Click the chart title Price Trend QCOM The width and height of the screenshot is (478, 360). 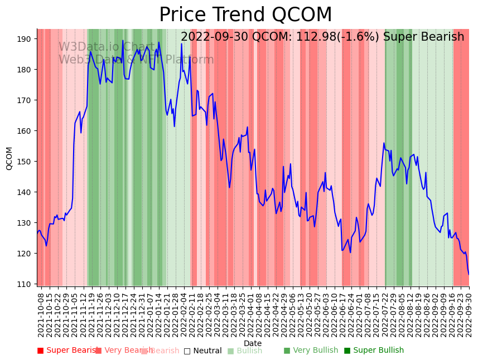pyautogui.click(x=245, y=15)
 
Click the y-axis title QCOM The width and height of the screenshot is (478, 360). pyautogui.click(x=9, y=158)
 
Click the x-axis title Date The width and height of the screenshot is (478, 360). pyautogui.click(x=253, y=344)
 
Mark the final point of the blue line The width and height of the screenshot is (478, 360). pyautogui.click(x=469, y=274)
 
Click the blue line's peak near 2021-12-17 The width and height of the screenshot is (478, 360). pyautogui.click(x=123, y=41)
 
